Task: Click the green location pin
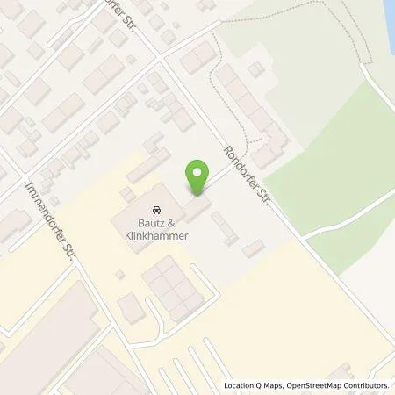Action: (199, 176)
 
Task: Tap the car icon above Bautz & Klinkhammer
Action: (155, 210)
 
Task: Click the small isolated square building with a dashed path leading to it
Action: (255, 68)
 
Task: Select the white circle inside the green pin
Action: (199, 171)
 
